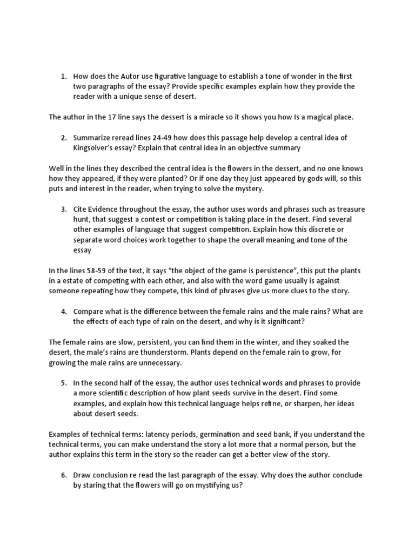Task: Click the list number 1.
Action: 63,76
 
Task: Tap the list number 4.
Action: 63,311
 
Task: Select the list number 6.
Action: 63,475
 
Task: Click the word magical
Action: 316,117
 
